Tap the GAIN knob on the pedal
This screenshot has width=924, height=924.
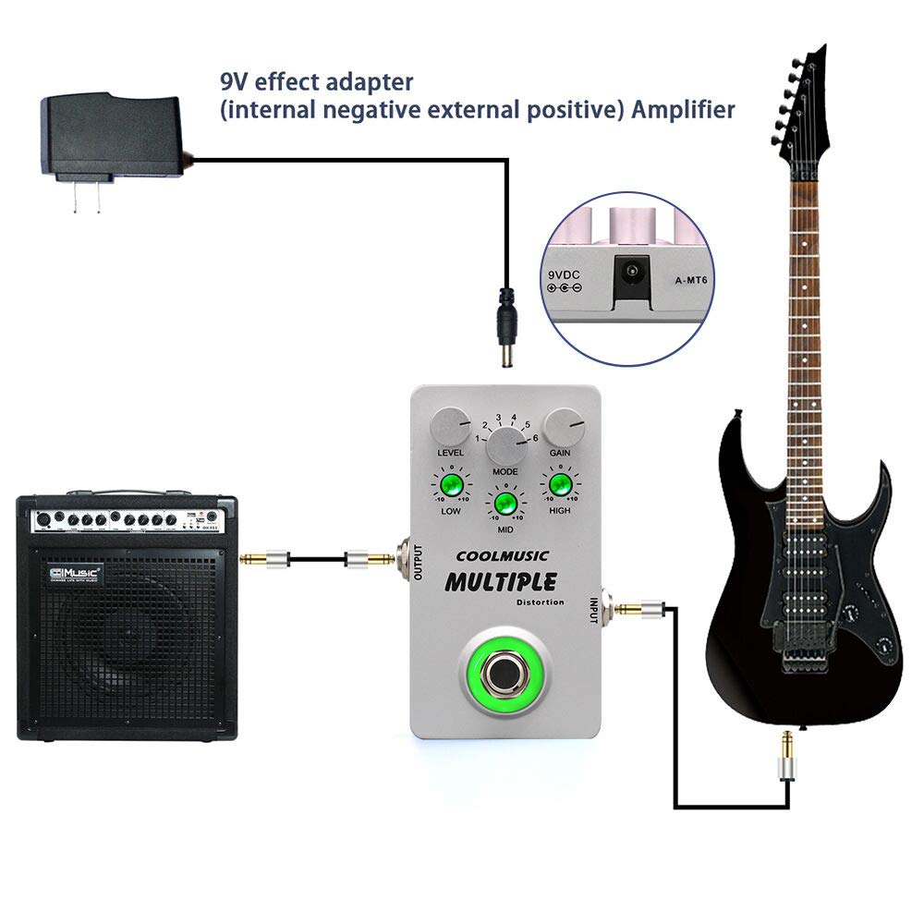coord(564,426)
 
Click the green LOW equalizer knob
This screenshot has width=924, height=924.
coord(451,486)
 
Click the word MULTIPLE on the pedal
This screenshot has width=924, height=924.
coord(500,582)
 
